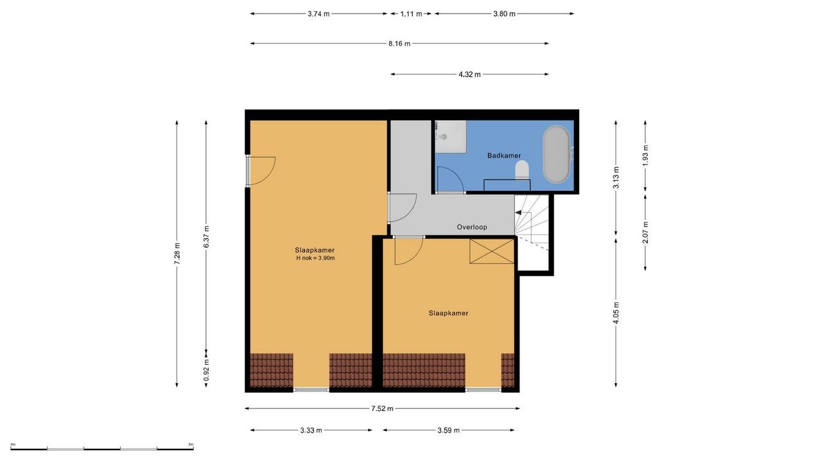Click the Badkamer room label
(504, 156)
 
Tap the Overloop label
(472, 227)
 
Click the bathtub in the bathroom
(557, 155)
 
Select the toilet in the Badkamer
(522, 170)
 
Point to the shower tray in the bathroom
(451, 137)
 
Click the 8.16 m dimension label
(399, 44)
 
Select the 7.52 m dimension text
(382, 408)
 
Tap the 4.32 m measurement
(469, 75)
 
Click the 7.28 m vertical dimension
(177, 253)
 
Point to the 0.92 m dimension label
(206, 370)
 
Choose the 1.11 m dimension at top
(411, 14)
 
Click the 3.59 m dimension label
(448, 430)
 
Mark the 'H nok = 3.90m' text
(315, 258)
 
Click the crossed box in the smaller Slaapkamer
(492, 251)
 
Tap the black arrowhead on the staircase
(518, 212)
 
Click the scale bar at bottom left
(102, 448)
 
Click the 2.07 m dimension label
(645, 232)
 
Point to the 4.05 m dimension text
(616, 313)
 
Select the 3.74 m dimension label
(319, 14)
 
